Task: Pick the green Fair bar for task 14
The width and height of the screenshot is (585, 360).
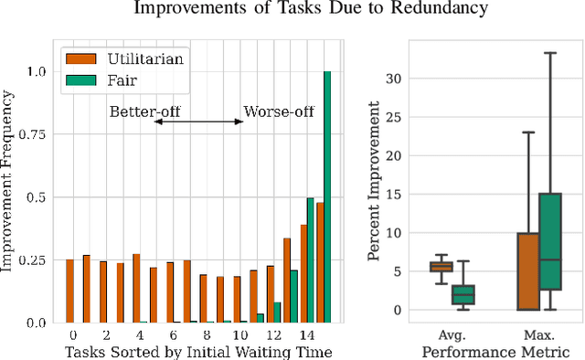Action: click(x=311, y=259)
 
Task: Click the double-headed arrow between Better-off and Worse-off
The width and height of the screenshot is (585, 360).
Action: click(x=198, y=122)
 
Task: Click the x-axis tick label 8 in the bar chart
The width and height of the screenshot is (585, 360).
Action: click(x=207, y=335)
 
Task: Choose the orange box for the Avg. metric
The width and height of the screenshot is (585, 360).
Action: click(x=441, y=267)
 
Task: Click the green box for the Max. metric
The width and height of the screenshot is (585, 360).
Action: click(x=550, y=241)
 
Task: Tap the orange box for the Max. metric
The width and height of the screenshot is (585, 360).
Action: click(x=527, y=271)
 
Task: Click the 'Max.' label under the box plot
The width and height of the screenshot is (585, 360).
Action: click(x=537, y=335)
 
